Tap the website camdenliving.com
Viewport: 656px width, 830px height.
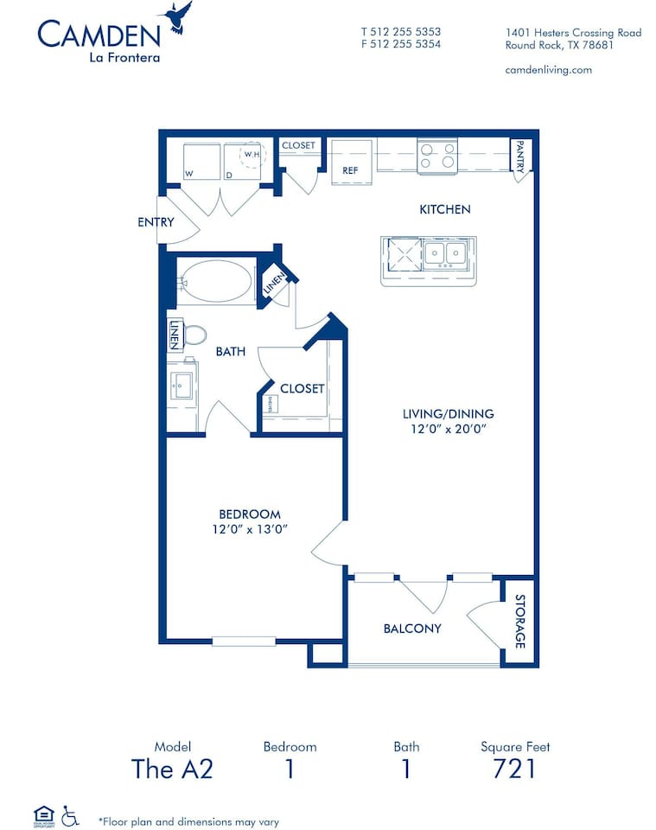click(548, 70)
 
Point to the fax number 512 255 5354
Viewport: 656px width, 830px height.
click(401, 44)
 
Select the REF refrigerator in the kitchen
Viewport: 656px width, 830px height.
click(351, 162)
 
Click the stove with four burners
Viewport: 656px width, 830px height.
click(437, 156)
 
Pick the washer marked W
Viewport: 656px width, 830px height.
click(201, 162)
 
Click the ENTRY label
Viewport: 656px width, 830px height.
click(156, 222)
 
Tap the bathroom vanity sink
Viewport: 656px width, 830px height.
click(182, 386)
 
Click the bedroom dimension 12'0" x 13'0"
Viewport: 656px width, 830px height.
click(250, 529)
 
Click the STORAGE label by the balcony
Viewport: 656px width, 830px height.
click(520, 622)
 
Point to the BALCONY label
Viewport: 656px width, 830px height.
click(412, 629)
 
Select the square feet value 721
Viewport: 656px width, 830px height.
click(514, 768)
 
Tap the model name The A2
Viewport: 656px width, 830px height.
click(172, 768)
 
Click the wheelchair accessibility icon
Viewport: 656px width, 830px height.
click(70, 815)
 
